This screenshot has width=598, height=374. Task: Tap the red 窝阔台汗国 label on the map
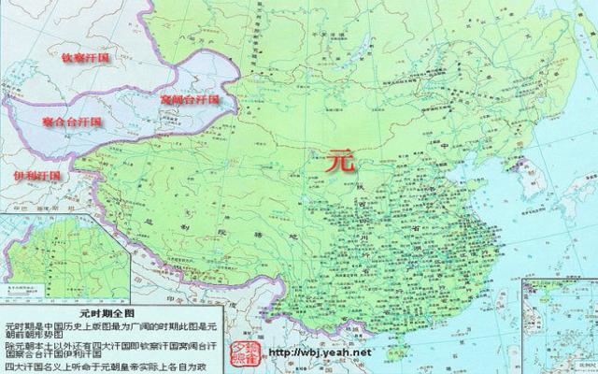pos(189,98)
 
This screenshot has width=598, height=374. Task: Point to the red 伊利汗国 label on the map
pos(36,175)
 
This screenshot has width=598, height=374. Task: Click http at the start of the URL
pos(278,352)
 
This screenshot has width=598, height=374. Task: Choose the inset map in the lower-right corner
pos(558,318)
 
